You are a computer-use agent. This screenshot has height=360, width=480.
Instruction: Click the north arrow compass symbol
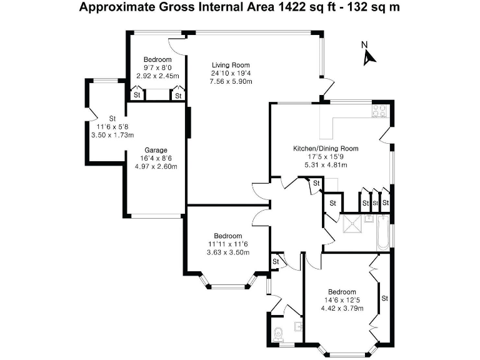click(369, 55)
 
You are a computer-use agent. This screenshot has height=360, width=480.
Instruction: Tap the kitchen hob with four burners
click(379, 111)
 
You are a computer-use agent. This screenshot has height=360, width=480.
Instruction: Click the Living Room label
click(231, 65)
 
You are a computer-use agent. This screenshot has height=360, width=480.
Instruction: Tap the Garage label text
click(156, 151)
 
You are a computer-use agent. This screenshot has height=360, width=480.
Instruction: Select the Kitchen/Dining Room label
click(326, 149)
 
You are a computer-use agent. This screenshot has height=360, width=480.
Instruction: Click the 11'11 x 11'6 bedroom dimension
click(227, 244)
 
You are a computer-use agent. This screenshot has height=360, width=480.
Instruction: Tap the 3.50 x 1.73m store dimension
click(112, 134)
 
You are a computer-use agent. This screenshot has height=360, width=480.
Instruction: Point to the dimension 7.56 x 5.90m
click(231, 81)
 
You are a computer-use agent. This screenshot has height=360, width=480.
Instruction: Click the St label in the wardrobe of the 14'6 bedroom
click(385, 298)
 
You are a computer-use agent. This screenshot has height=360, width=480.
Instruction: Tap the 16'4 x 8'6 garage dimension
click(156, 159)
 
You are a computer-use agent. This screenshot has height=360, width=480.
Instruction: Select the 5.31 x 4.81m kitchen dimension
click(326, 165)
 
